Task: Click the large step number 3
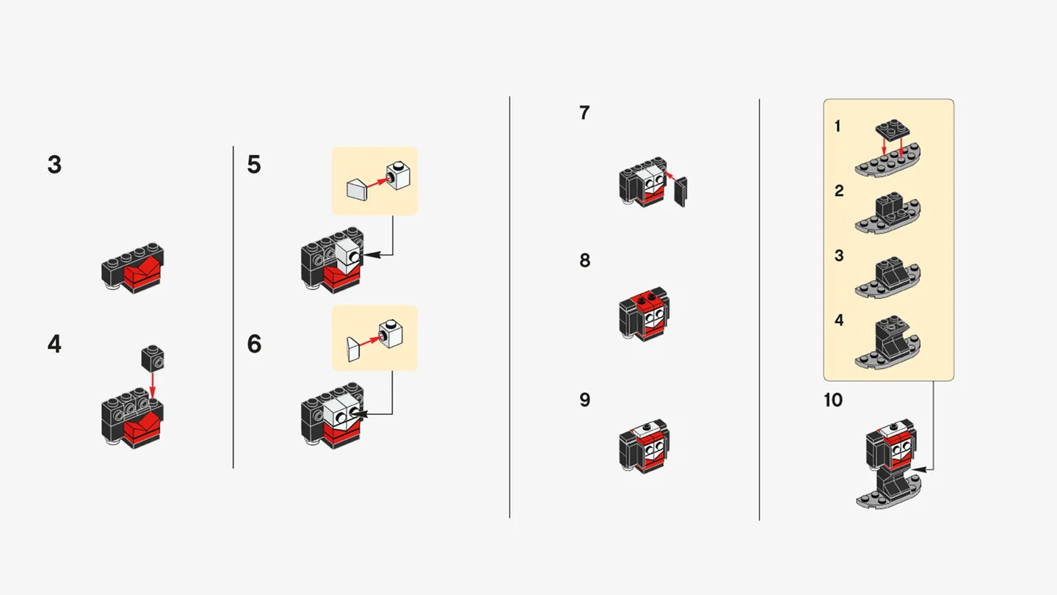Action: tap(54, 165)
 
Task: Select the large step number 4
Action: tap(54, 344)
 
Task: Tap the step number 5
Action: tap(254, 165)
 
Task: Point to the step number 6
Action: tap(254, 344)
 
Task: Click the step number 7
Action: tap(584, 113)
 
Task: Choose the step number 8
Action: tap(584, 261)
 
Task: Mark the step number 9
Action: tap(584, 400)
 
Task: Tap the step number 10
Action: tap(833, 400)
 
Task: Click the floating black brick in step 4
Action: tap(153, 358)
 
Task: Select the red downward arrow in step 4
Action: tap(153, 386)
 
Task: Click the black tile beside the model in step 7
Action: tap(680, 192)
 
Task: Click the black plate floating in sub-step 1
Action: tap(892, 131)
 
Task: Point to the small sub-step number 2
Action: tap(839, 191)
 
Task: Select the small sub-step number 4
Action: tap(839, 320)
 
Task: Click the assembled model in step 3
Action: tap(133, 269)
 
